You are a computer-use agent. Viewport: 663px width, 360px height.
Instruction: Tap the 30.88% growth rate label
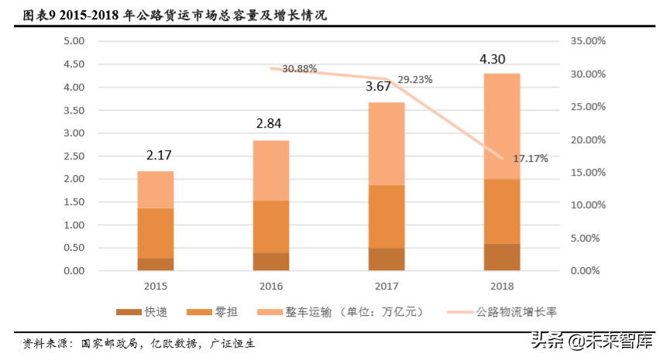coord(299,69)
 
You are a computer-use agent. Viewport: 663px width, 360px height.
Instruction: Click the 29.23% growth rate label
coord(414,80)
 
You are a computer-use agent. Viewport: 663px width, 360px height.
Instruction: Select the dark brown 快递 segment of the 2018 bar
coord(501,257)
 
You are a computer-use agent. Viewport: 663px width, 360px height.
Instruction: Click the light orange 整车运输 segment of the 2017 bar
coord(386,143)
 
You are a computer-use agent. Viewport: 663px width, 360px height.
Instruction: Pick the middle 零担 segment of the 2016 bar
coord(270,226)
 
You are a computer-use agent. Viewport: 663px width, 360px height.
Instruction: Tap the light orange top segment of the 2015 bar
coord(156,190)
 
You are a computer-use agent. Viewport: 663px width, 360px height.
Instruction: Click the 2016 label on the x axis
coord(270,286)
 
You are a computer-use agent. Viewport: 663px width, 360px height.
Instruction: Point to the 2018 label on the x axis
coord(501,286)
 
